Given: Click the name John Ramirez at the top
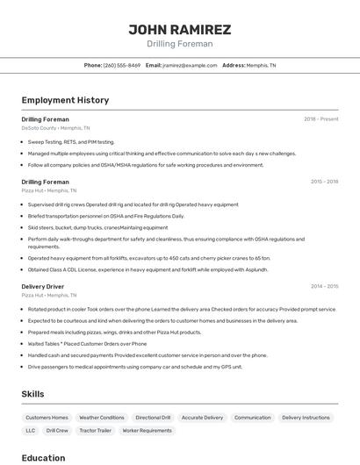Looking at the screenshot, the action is pyautogui.click(x=179, y=29).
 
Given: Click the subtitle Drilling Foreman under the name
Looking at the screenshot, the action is pyautogui.click(x=179, y=44).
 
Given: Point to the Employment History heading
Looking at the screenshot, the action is pyautogui.click(x=65, y=100).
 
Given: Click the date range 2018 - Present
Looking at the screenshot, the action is pyautogui.click(x=320, y=118).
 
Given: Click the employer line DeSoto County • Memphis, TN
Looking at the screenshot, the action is pyautogui.click(x=51, y=127).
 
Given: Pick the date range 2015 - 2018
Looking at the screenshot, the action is pyautogui.click(x=324, y=182).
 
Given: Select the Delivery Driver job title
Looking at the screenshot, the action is pyautogui.click(x=42, y=286).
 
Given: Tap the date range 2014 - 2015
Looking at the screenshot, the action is pyautogui.click(x=324, y=286).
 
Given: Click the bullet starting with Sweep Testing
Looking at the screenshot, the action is pyautogui.click(x=71, y=141).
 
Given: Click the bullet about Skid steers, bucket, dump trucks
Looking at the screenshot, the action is pyautogui.click(x=97, y=227).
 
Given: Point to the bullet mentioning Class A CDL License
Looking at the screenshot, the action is pyautogui.click(x=148, y=269).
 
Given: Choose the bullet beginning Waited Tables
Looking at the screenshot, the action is pyautogui.click(x=87, y=344).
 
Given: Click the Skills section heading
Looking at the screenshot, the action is pyautogui.click(x=32, y=394).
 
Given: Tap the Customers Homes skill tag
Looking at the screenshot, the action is pyautogui.click(x=47, y=418).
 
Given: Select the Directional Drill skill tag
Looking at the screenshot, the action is pyautogui.click(x=153, y=418).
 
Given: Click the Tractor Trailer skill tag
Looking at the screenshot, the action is pyautogui.click(x=95, y=431).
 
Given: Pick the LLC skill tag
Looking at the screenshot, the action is pyautogui.click(x=31, y=431).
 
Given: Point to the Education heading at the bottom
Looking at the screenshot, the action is pyautogui.click(x=43, y=457).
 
